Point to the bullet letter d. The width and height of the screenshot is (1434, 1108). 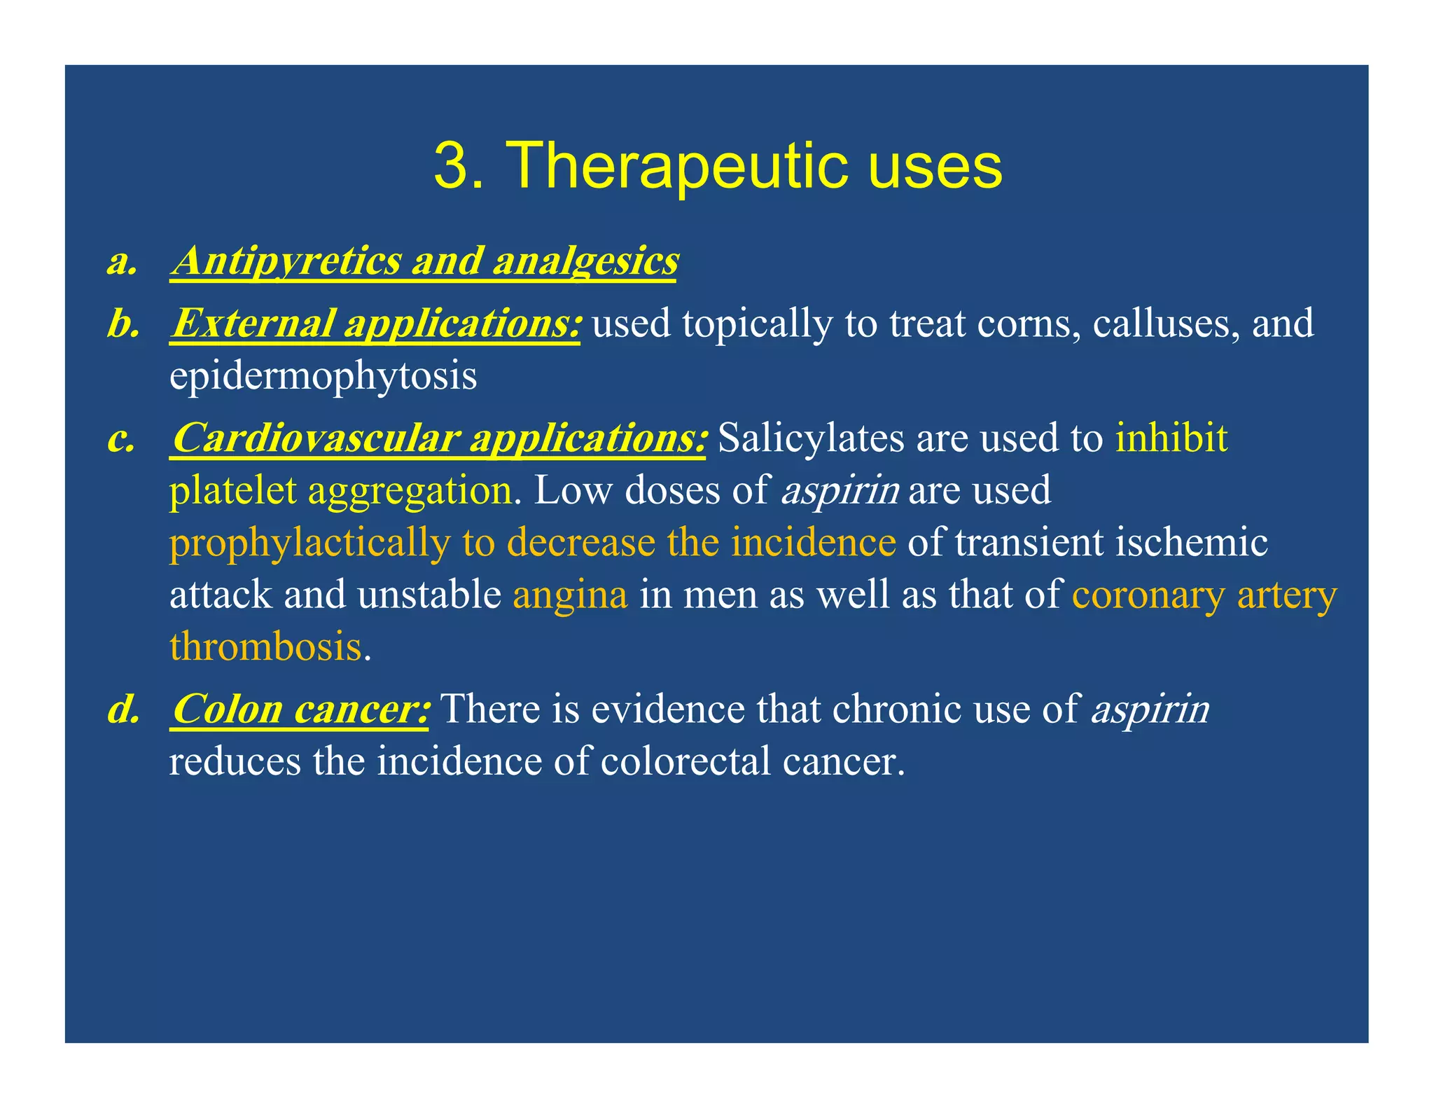(x=123, y=709)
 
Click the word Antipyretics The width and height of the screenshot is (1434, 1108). (x=286, y=261)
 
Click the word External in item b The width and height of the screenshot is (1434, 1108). (x=252, y=324)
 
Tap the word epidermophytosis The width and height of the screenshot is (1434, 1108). (x=323, y=376)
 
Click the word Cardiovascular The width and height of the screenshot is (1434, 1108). (x=315, y=438)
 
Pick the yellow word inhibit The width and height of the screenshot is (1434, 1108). (x=1171, y=438)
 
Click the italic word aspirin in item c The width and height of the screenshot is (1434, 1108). (x=840, y=490)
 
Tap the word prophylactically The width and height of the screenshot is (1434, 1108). (x=309, y=543)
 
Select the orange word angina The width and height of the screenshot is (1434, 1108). (x=570, y=595)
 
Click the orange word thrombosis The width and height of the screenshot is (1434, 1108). (x=265, y=646)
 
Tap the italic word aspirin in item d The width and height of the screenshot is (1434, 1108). (x=1150, y=709)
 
